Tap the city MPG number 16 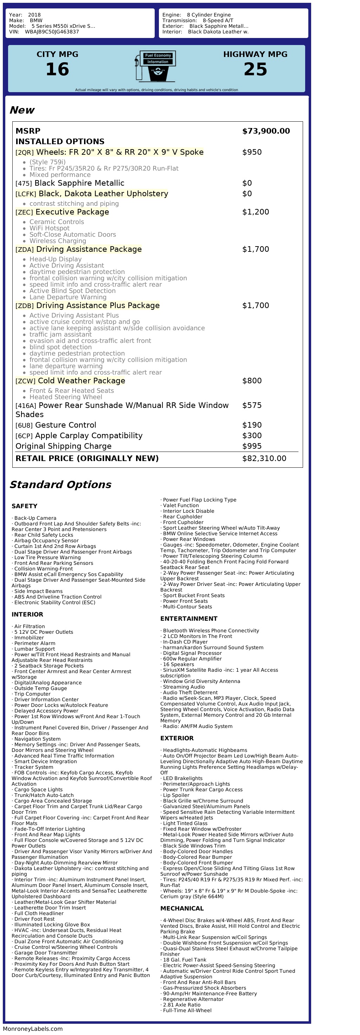tap(57, 70)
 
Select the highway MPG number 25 tap(255, 70)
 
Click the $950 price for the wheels tap(252, 152)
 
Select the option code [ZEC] tap(24, 212)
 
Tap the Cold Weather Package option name tap(82, 381)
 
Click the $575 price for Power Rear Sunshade tap(252, 405)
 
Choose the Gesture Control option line tap(65, 425)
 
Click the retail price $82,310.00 tap(264, 459)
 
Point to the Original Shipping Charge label tap(64, 446)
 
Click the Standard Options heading tap(60, 485)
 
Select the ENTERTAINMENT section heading tap(189, 619)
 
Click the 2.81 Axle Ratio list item tap(182, 1005)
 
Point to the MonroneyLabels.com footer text tap(33, 1029)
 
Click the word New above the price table tap(22, 110)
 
